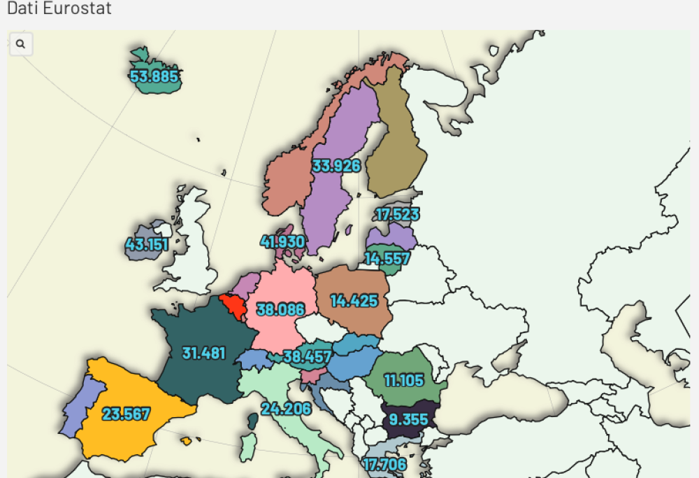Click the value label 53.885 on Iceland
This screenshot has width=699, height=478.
point(154,76)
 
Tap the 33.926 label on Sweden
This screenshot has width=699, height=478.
point(336,166)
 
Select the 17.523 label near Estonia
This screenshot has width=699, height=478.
point(397,215)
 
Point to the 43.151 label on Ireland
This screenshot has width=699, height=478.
point(147,245)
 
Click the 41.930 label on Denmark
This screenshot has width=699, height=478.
point(282,242)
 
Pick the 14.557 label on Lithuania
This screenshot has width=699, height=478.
point(387,258)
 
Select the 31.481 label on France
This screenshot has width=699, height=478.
point(203,353)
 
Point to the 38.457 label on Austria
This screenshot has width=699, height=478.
point(307,357)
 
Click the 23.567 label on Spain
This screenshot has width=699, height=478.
point(126,414)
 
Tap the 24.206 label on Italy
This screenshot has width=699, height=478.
point(286,408)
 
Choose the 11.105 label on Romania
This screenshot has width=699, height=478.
point(403,381)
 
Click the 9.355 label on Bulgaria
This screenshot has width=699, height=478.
point(409,419)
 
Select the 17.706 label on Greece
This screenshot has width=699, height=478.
point(385,464)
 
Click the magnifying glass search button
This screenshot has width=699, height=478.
point(21,44)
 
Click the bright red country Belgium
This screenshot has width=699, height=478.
point(233,305)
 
